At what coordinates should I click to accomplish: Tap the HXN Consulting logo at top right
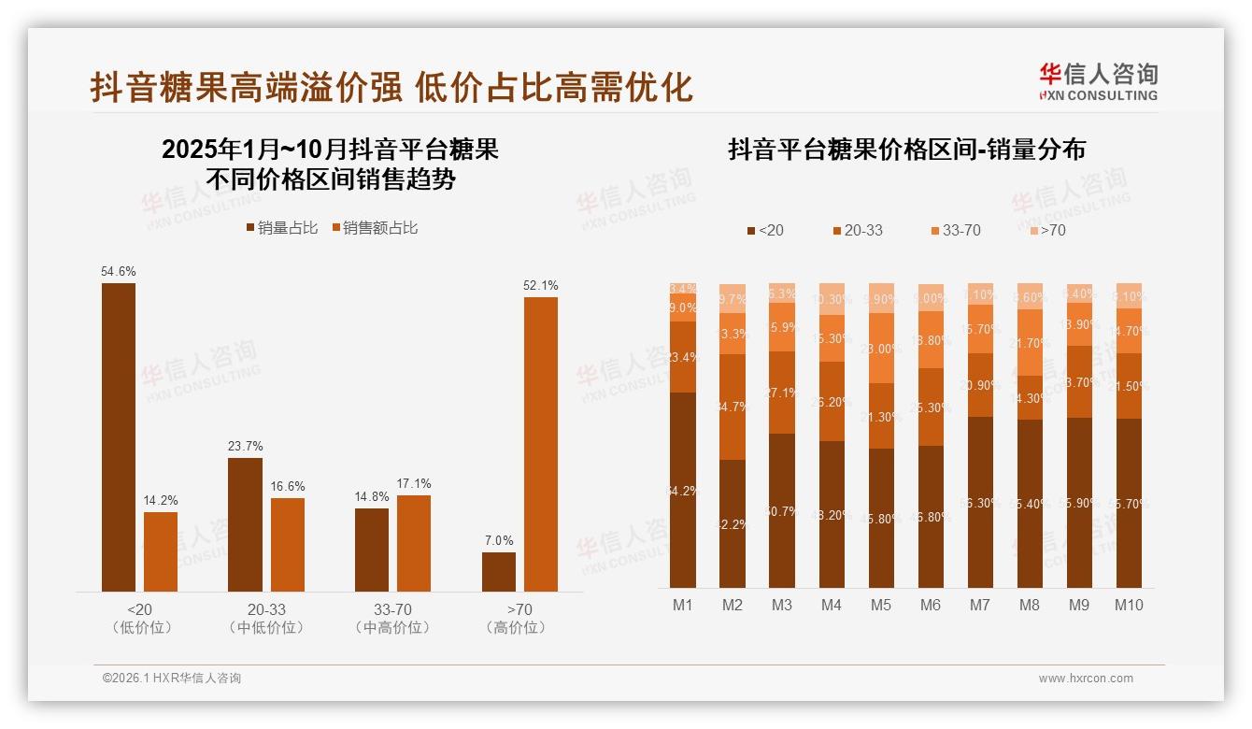[x=1098, y=82]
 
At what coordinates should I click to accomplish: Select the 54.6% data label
[x=119, y=271]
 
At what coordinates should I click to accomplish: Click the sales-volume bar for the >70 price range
[x=499, y=571]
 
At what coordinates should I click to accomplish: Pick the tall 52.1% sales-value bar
[x=541, y=444]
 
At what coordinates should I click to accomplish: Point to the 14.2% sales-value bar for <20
[x=161, y=551]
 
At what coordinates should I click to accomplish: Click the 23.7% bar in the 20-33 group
[x=245, y=523]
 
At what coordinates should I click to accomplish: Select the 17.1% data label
[x=414, y=483]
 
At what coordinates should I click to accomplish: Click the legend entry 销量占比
[x=282, y=227]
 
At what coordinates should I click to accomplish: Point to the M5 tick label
[x=881, y=605]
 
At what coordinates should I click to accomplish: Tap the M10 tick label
[x=1129, y=605]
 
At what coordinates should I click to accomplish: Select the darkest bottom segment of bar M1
[x=683, y=490]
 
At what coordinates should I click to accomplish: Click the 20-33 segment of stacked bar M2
[x=733, y=407]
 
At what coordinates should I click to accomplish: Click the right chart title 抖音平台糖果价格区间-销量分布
[x=906, y=150]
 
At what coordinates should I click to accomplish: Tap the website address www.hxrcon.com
[x=1086, y=678]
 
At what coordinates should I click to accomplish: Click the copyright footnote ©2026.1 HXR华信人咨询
[x=172, y=678]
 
